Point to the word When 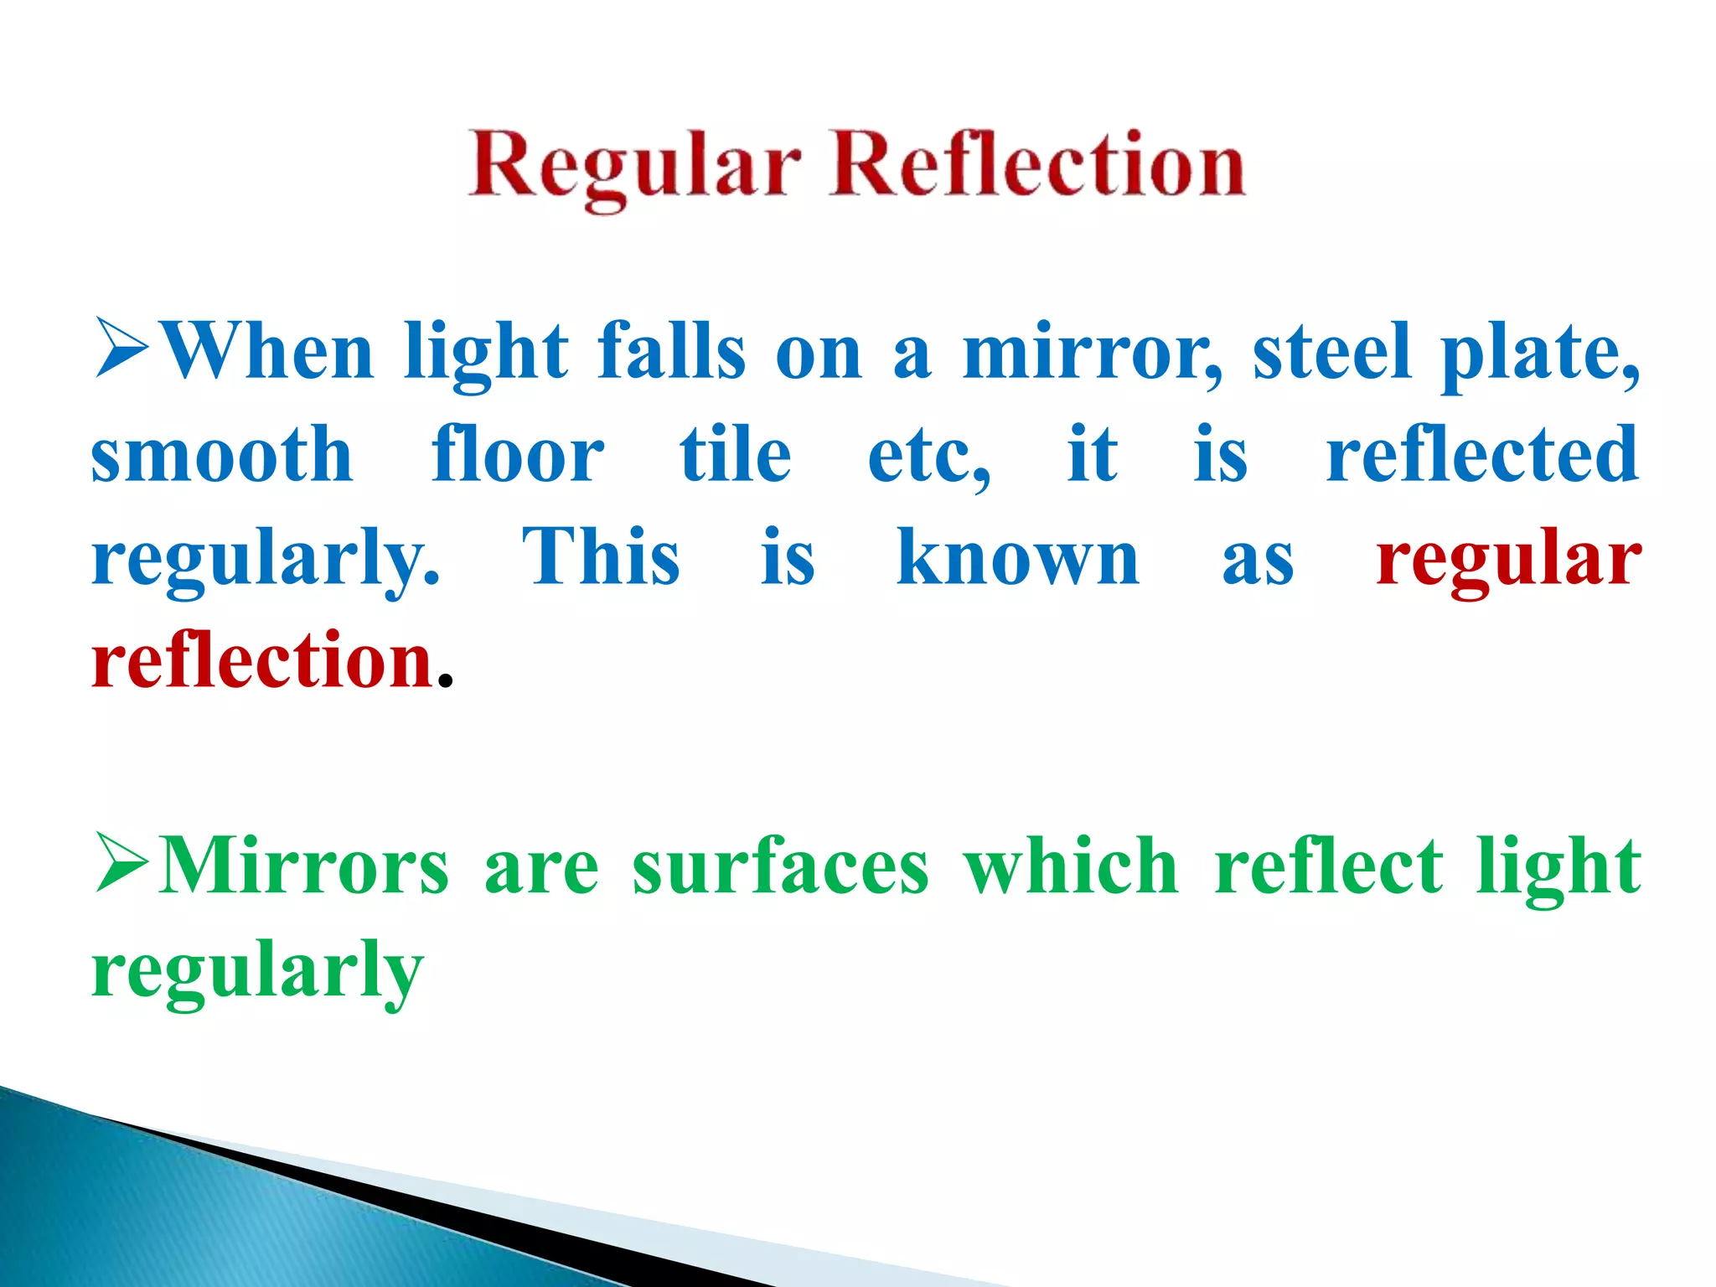(x=266, y=352)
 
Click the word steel (x=1331, y=352)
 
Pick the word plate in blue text (x=1540, y=355)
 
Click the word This (x=601, y=557)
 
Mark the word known (x=1017, y=557)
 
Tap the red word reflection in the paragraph (x=262, y=661)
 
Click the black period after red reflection (x=446, y=680)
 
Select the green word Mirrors (x=304, y=866)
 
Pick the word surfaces (x=780, y=866)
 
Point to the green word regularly (x=257, y=973)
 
